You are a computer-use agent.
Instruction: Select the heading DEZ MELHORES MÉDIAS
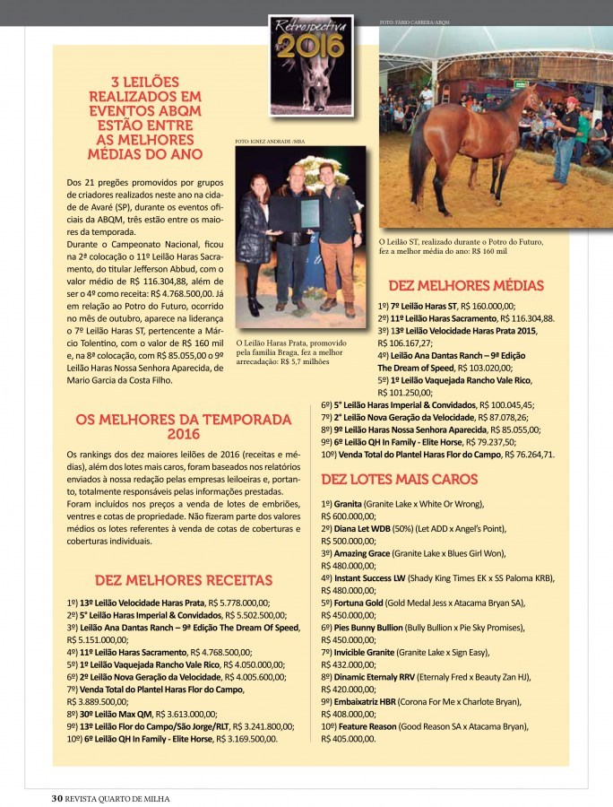pos(465,286)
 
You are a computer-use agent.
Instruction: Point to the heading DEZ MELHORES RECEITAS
pos(183,580)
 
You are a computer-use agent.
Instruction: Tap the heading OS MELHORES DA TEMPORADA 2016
pos(183,426)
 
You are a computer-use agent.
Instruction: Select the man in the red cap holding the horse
pos(566,139)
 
